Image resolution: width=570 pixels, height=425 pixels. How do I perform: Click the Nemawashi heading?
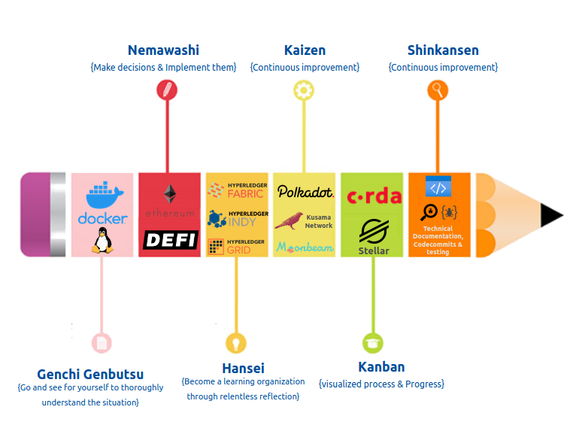163,50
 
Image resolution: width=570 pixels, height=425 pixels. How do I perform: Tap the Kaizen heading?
305,50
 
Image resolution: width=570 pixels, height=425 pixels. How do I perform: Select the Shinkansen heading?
443,50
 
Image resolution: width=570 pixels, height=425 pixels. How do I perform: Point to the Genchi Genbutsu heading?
90,374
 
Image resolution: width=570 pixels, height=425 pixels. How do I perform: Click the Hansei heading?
243,368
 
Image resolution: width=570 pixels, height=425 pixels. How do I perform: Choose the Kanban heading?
381,367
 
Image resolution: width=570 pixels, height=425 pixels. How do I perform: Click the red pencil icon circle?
166,90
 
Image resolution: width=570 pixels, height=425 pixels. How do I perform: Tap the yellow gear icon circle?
304,90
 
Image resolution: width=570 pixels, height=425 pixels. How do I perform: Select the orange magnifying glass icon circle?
438,90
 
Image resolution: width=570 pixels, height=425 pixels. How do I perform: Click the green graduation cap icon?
373,343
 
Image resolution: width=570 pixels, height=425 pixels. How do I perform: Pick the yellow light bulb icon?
235,343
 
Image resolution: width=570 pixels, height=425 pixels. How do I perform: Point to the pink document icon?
102,343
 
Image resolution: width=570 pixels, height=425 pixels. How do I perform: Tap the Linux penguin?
102,241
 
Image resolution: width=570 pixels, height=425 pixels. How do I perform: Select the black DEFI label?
169,241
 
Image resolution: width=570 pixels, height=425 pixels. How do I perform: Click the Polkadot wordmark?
305,192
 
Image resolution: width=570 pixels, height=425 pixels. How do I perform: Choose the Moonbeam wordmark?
305,247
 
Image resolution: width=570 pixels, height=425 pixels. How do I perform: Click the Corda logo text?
374,197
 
